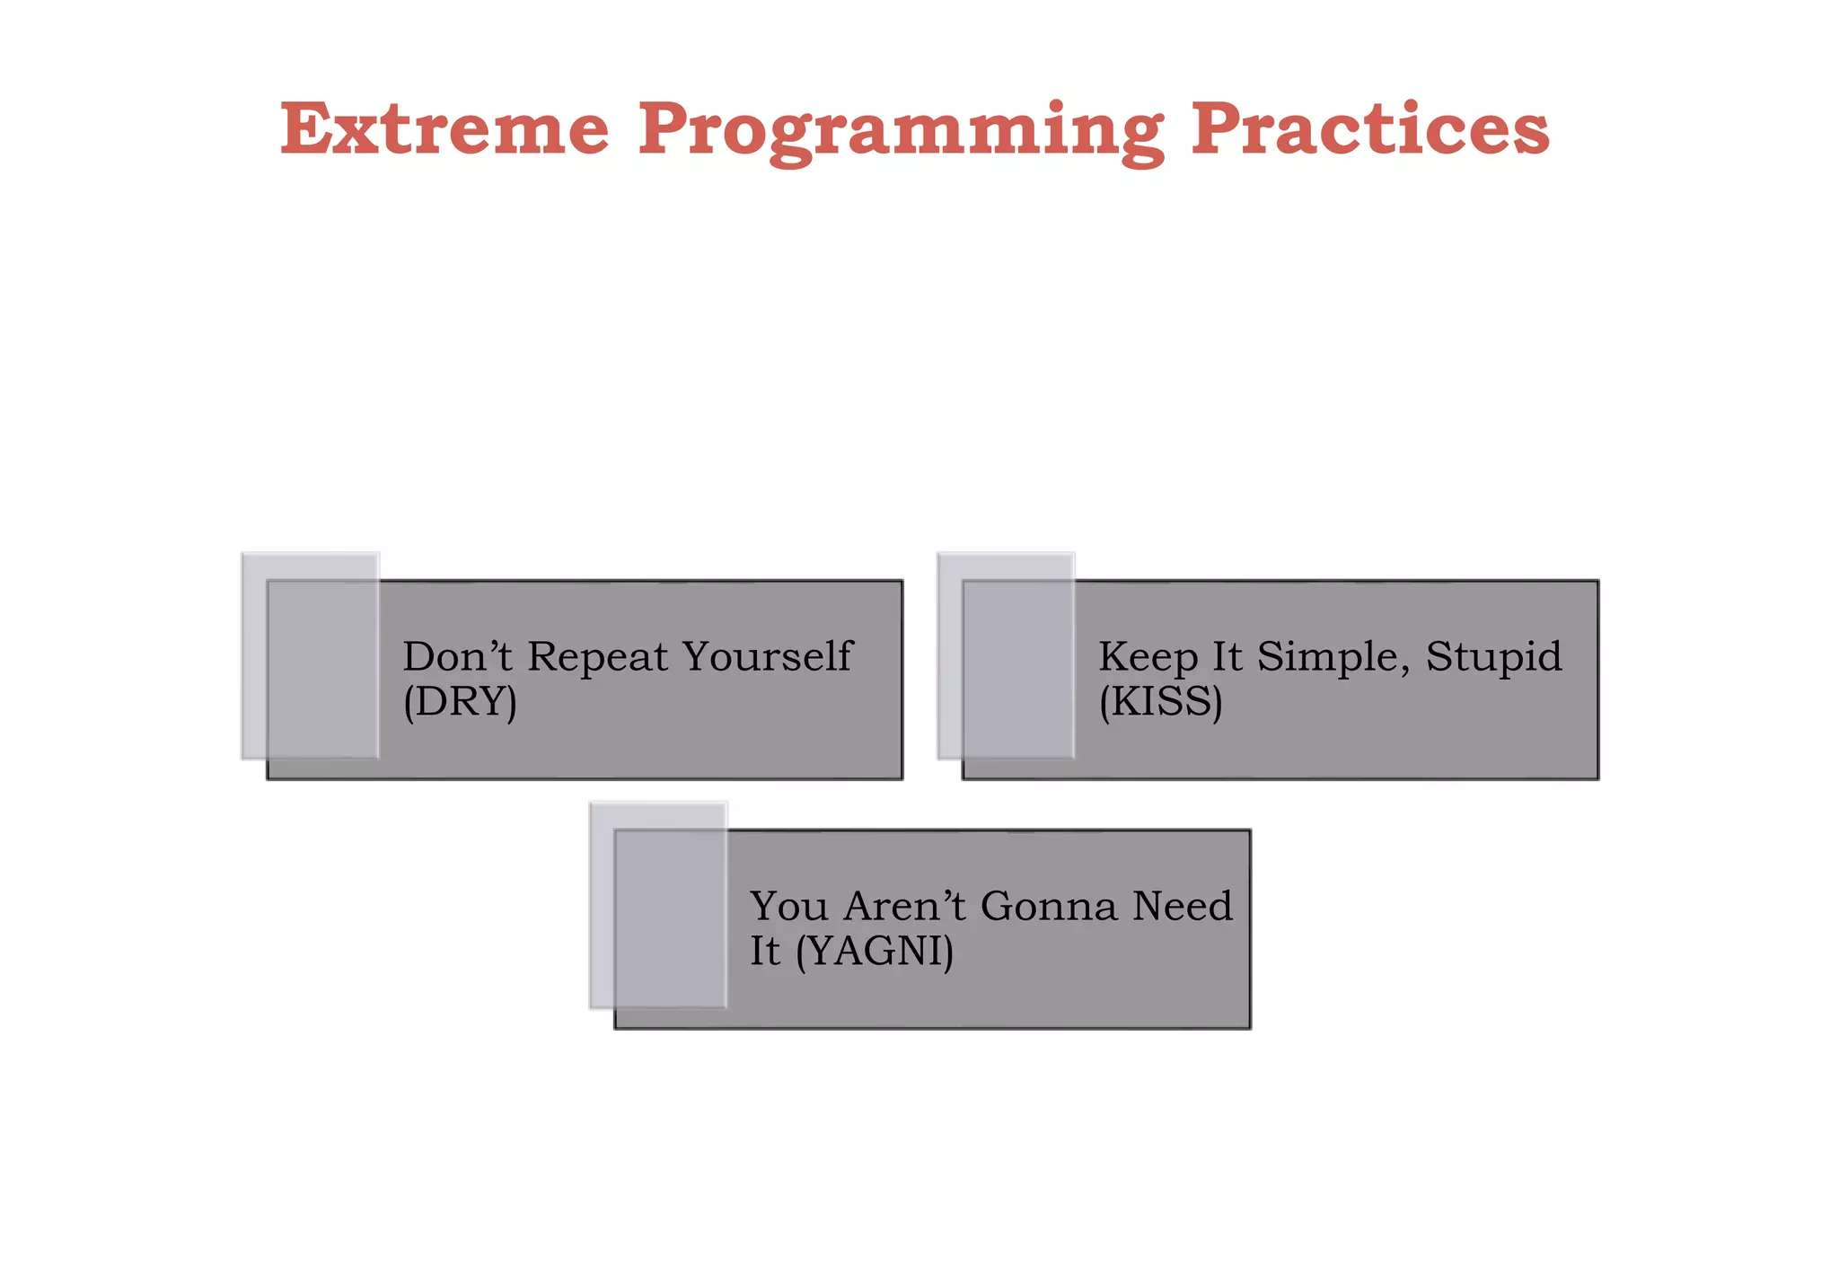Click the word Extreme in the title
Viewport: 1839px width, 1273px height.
(x=444, y=129)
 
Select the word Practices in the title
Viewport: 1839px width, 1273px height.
(x=1369, y=129)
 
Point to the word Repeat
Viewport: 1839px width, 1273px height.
(x=597, y=656)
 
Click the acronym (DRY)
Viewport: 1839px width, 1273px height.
(x=460, y=701)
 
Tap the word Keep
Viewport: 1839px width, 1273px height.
(x=1148, y=658)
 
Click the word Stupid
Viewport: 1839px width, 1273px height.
(x=1494, y=656)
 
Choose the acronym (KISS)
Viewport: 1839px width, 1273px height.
(x=1160, y=701)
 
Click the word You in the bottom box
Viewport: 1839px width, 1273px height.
(x=788, y=906)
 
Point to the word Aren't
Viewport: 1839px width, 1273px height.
(x=905, y=906)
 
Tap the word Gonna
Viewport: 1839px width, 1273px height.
(x=1049, y=906)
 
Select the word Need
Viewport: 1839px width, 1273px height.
(x=1182, y=906)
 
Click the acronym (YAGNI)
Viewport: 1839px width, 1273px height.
(x=875, y=951)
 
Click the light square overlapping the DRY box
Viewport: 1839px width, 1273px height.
(x=310, y=655)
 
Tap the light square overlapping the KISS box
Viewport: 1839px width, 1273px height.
(x=1006, y=655)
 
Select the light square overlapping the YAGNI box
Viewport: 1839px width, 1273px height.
(x=657, y=905)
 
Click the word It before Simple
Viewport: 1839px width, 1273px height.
(x=1227, y=656)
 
